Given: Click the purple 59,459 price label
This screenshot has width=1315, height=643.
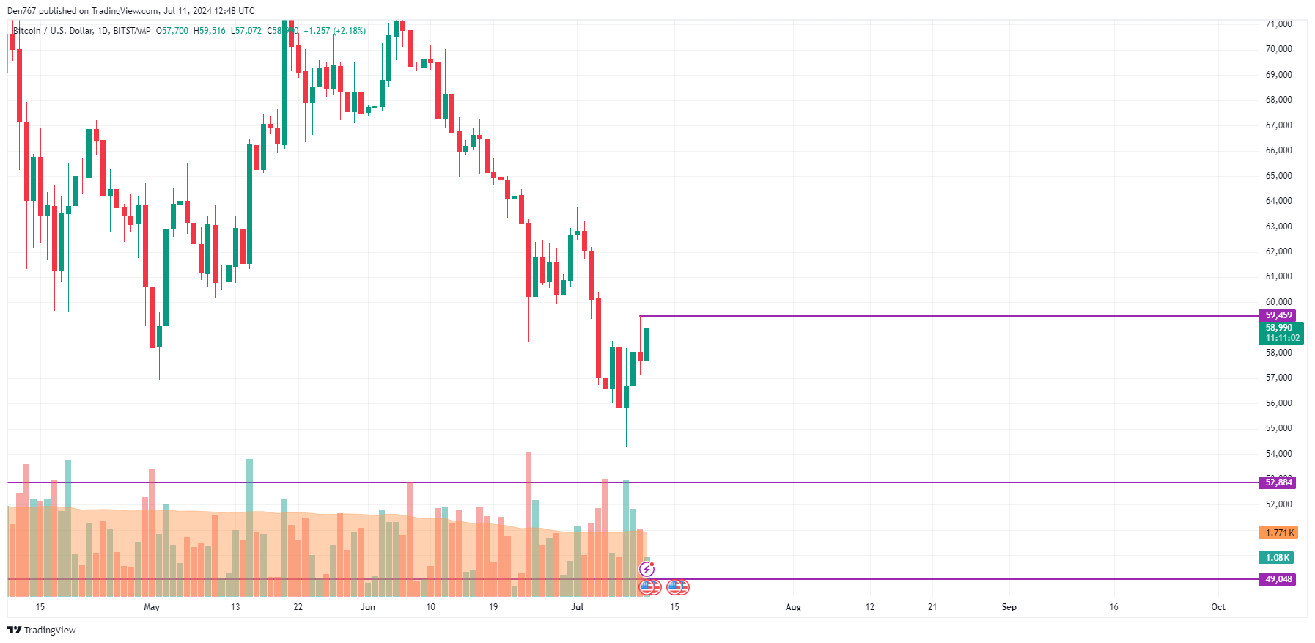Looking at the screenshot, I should point(1278,315).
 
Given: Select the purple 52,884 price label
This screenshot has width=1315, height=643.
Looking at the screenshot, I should point(1278,482).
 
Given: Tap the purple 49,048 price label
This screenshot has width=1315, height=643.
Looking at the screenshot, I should point(1278,579).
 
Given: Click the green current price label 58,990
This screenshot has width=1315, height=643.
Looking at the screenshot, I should point(1280,328).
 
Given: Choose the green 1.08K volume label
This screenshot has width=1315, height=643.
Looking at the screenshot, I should point(1277,558).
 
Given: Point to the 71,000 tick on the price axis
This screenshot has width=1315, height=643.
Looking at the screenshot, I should point(1278,24).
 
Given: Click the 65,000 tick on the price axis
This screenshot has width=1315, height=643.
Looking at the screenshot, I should point(1278,176).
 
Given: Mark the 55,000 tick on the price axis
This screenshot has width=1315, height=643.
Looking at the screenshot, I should point(1278,428).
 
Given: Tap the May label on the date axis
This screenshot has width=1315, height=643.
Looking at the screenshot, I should point(152,607).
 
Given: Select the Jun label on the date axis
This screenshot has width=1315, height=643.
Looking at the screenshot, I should point(368,607).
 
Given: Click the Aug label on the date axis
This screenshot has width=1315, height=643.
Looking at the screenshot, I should point(793,607).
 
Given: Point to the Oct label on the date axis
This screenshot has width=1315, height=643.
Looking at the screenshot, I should point(1218,607).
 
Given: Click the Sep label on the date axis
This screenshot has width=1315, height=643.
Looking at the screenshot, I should point(1009,607).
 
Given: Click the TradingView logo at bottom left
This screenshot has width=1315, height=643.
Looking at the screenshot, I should point(42,631).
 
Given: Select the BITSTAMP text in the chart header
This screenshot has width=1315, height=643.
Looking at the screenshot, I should point(132,31).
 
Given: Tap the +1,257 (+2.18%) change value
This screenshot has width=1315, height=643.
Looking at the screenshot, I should point(334,31).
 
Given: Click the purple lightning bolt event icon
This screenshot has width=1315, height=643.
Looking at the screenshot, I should point(647,569).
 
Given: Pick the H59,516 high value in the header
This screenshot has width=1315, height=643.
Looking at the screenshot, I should point(210,31).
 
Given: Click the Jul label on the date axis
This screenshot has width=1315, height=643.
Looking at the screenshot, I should point(577,607).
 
